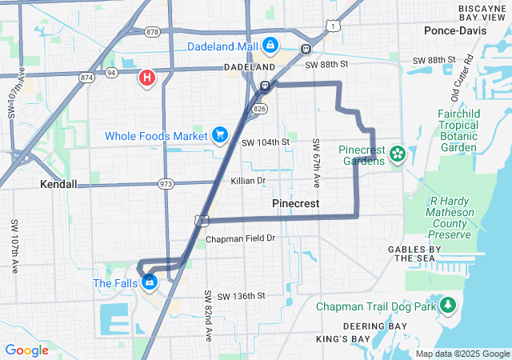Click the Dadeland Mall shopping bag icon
(270, 46)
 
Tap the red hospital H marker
(147, 78)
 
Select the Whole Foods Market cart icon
(219, 135)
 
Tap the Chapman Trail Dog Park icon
(449, 306)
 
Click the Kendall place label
(58, 184)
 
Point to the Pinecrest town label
(296, 204)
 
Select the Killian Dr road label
(248, 181)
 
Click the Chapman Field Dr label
(240, 238)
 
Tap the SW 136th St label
(241, 296)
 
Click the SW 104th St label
(265, 142)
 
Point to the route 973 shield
(166, 184)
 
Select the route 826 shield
(259, 107)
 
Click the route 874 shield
(86, 78)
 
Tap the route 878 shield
(153, 32)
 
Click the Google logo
(27, 350)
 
